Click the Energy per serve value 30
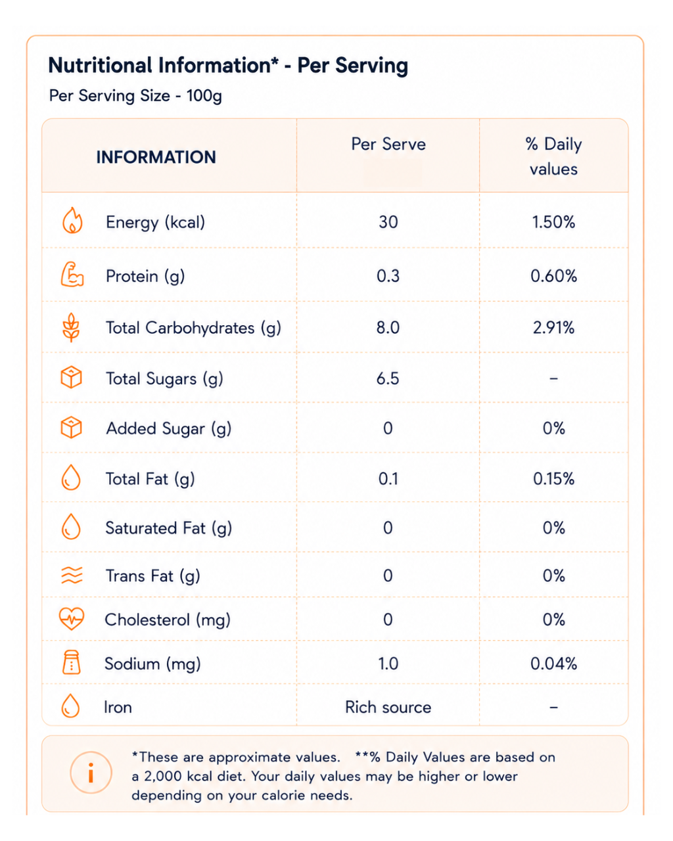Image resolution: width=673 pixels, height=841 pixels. tap(388, 222)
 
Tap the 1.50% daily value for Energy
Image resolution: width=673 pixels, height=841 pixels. tap(553, 222)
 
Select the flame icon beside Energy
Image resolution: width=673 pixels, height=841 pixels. tap(72, 220)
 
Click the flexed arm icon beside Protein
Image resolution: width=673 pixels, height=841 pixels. tap(72, 275)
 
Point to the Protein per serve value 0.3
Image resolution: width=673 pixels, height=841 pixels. tap(388, 276)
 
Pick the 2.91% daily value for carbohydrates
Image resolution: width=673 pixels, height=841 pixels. tap(553, 327)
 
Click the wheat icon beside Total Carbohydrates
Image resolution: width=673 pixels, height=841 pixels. tap(71, 327)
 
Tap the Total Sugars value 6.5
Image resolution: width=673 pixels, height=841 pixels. tap(388, 378)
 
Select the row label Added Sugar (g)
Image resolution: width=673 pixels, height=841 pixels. tap(169, 429)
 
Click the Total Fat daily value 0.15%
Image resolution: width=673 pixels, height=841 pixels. tap(553, 479)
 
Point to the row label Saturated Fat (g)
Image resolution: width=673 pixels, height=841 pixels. tap(169, 529)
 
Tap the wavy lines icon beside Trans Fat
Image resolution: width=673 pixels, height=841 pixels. tap(72, 576)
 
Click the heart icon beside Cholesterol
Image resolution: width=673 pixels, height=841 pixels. tap(71, 619)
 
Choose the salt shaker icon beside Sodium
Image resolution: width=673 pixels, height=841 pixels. tap(71, 662)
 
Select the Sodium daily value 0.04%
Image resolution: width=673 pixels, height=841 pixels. tap(553, 664)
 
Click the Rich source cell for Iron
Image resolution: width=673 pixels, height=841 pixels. tap(388, 708)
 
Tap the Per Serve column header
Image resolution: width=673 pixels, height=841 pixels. tap(388, 144)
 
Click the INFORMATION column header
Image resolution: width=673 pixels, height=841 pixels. tap(156, 157)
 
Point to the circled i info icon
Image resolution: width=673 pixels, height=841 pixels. tap(91, 772)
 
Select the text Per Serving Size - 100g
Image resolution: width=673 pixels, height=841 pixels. tap(135, 96)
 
